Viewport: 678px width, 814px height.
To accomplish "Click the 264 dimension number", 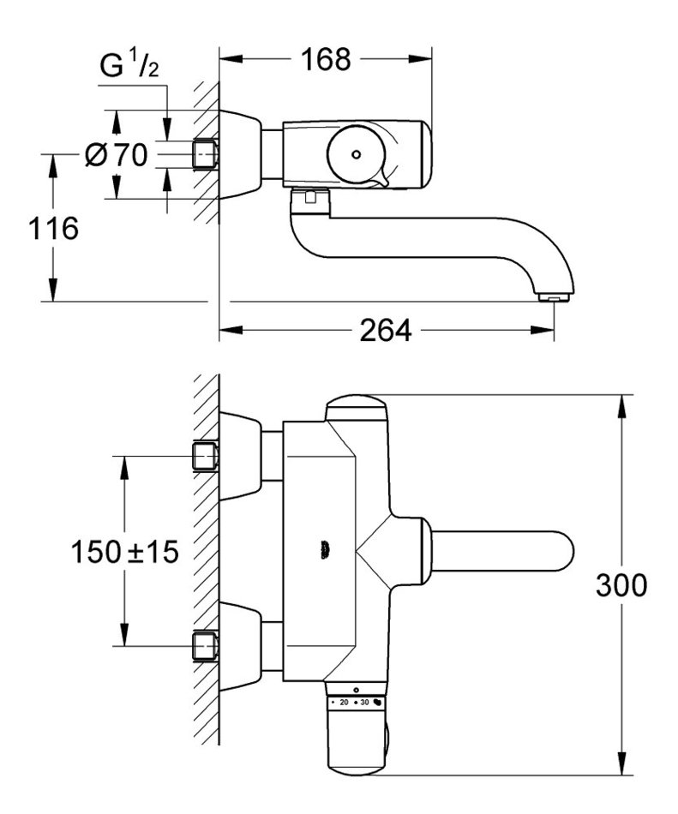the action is [x=385, y=330].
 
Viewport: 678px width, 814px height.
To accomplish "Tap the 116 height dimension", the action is [x=53, y=229].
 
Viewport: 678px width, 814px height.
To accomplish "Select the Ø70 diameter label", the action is [x=117, y=154].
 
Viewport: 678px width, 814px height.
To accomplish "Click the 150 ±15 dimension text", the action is [x=124, y=551].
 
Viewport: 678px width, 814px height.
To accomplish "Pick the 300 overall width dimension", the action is [x=621, y=585].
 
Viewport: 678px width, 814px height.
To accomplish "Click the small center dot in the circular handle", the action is [x=356, y=154].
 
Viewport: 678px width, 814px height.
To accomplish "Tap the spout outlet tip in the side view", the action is [x=554, y=297].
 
